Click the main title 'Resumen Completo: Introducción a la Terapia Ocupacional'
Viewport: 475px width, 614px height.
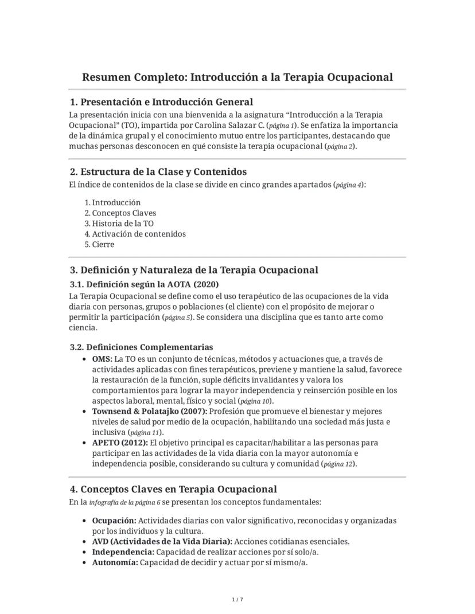(237, 77)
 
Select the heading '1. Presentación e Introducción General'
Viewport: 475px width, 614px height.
(161, 102)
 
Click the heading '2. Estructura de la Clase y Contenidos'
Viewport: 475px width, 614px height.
(158, 171)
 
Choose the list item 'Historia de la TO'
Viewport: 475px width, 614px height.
(123, 224)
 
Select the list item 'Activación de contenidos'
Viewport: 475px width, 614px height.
(139, 234)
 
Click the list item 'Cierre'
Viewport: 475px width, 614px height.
(103, 244)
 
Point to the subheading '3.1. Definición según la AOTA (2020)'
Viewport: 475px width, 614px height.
(144, 284)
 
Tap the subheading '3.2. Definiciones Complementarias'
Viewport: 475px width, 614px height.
(141, 347)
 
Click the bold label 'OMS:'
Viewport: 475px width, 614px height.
(102, 359)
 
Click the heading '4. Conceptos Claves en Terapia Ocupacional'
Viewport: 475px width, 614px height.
(173, 489)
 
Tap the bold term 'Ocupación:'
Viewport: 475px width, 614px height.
(114, 521)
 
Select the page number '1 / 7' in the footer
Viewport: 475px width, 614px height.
(237, 600)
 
